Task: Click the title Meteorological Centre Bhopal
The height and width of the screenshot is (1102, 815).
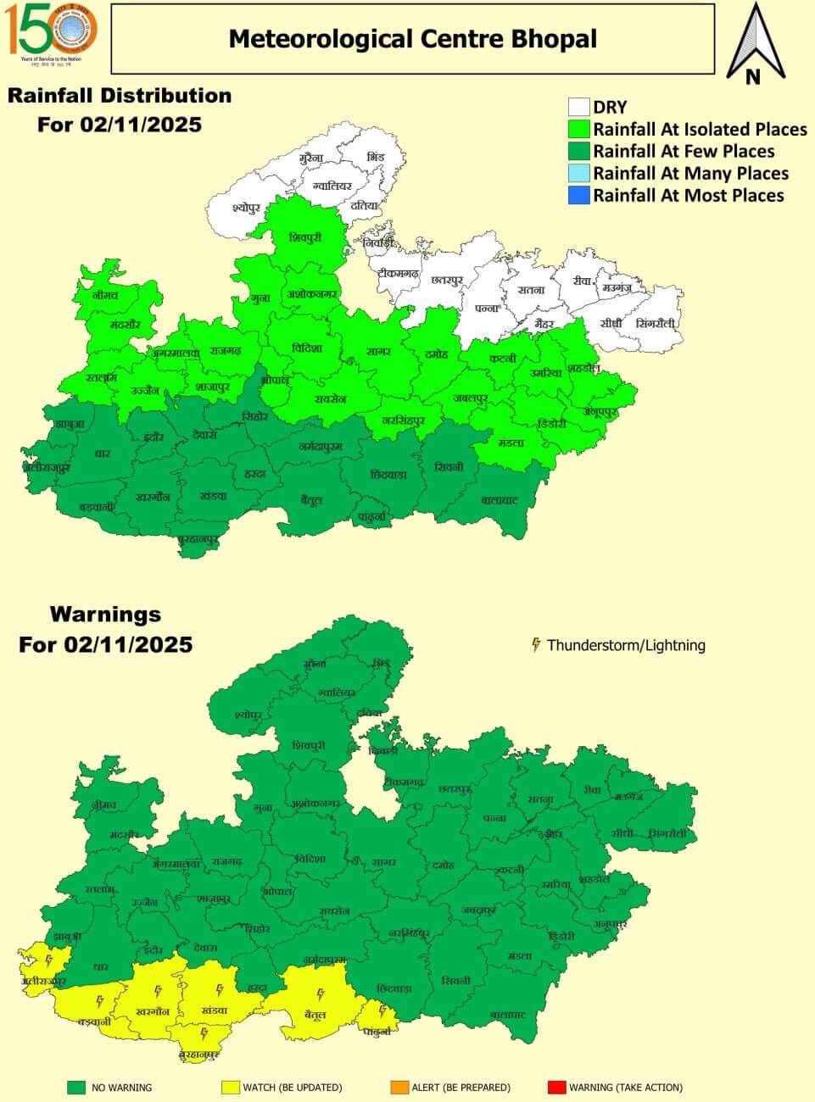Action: point(413,39)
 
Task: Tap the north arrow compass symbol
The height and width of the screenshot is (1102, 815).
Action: point(753,43)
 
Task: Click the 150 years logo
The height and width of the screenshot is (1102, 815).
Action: point(53,32)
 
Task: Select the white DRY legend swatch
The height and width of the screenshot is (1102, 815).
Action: point(578,107)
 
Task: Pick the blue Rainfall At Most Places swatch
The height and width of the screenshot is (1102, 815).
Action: point(578,195)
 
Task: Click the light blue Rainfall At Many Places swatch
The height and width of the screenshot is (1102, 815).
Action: point(578,173)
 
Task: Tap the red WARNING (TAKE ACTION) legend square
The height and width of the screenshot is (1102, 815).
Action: point(556,1087)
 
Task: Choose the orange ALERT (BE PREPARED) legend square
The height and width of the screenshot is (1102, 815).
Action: point(399,1087)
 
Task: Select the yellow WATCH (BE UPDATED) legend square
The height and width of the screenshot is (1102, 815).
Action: point(230,1087)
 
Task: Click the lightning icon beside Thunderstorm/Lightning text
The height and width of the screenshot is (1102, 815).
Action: point(536,645)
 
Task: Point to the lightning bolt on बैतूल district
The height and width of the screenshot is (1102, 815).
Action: point(320,994)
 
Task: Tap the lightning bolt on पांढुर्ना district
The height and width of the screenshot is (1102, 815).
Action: point(382,1011)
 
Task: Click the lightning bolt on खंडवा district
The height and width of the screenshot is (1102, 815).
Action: point(219,989)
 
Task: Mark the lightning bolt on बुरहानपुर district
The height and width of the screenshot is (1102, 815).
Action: point(204,1033)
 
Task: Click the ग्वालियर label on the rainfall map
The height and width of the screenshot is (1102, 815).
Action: point(332,185)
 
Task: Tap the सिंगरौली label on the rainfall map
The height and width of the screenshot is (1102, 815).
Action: point(656,323)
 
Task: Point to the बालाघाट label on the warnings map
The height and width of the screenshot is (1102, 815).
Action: point(508,1015)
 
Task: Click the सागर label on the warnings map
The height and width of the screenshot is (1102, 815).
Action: point(384,863)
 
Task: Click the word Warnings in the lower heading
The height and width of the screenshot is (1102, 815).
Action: point(105,614)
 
